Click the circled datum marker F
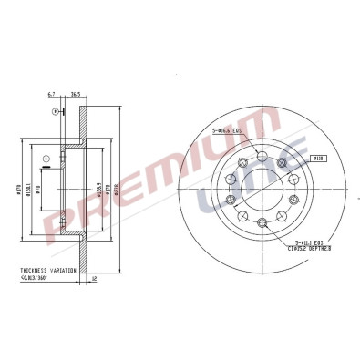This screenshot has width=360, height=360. (55, 111)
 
